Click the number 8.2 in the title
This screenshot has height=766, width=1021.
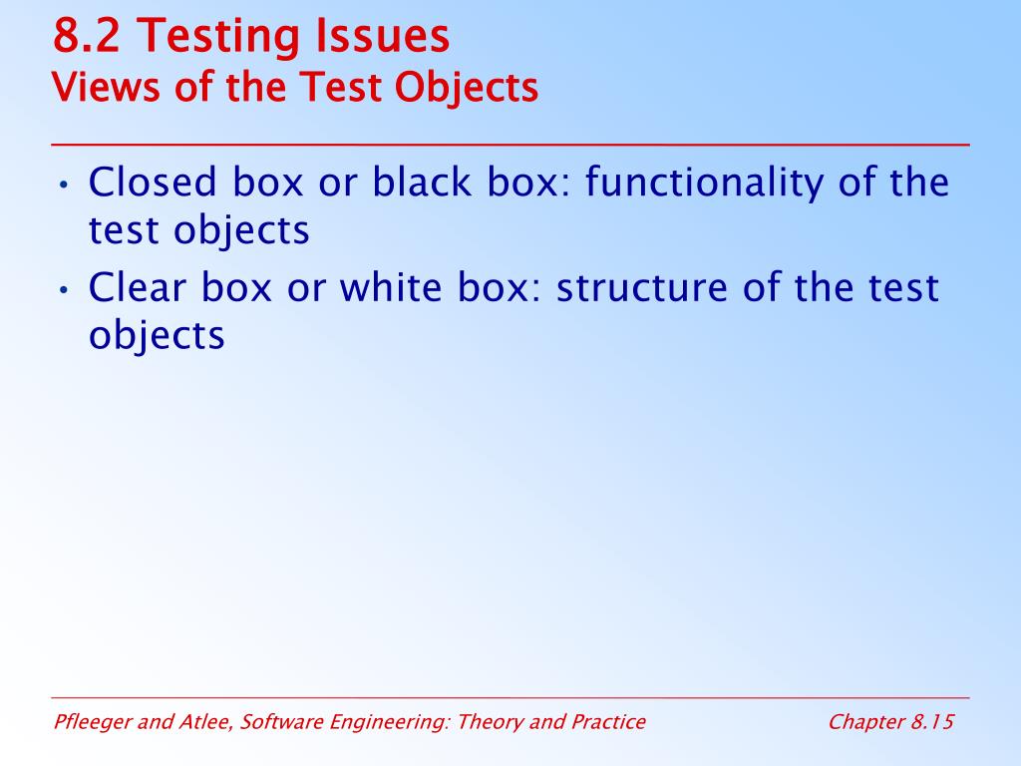coord(87,35)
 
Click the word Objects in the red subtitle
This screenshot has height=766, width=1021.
coord(467,88)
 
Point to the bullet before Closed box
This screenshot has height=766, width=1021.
coord(63,185)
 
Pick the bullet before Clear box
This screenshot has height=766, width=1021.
coord(63,289)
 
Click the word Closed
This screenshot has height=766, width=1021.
coord(153,182)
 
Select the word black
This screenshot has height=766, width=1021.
coord(422,182)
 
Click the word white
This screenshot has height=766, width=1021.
coord(391,286)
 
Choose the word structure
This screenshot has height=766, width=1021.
coord(642,287)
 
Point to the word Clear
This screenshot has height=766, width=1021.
coord(137,286)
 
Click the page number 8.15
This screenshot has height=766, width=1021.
coord(932,722)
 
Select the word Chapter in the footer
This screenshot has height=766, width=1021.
coord(866,722)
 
